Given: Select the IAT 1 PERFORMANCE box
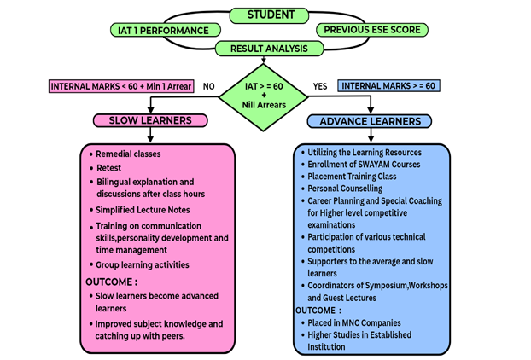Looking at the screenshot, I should [160, 31].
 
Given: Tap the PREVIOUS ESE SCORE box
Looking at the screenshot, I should [371, 31].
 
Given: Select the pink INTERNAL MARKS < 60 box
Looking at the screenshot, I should [122, 86].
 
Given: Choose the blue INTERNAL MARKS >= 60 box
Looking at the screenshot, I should [388, 86].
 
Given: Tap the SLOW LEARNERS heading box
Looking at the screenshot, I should [149, 121].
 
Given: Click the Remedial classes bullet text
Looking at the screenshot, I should [128, 154].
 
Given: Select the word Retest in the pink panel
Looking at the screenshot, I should [109, 168].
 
